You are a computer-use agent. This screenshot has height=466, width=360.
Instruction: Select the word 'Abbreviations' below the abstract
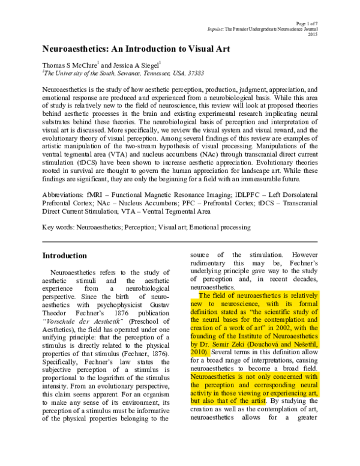[65, 196]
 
